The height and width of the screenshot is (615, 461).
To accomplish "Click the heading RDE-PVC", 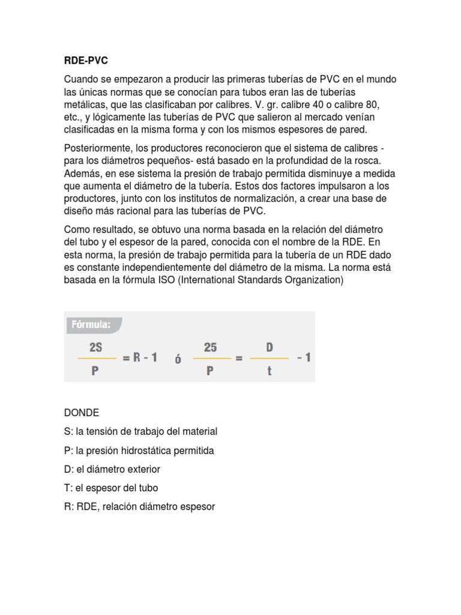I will (86, 61).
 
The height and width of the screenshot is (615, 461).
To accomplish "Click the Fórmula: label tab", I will (91, 325).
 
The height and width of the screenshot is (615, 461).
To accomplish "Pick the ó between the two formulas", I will (178, 359).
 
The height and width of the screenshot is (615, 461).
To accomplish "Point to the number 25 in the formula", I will (211, 347).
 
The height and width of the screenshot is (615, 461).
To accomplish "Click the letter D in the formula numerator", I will (270, 347).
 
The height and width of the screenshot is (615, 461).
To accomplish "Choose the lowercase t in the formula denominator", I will (270, 371).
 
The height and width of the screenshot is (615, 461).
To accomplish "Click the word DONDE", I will (82, 413).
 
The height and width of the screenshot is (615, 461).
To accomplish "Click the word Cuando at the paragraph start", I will (80, 80).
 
